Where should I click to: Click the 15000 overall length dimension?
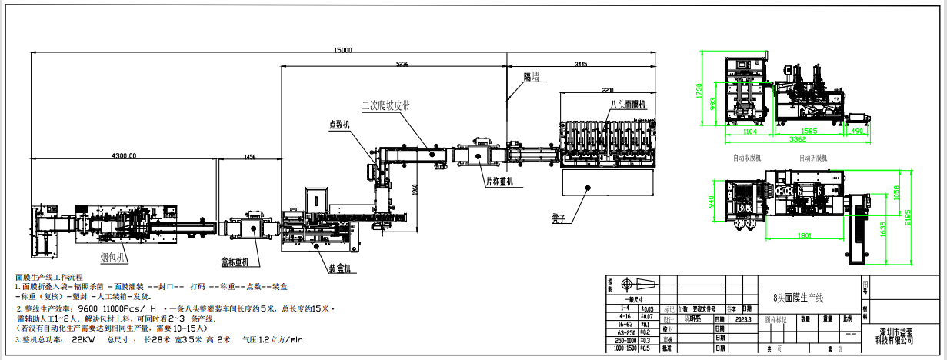(x=343, y=50)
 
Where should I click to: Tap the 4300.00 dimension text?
(x=123, y=155)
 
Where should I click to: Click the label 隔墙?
(x=531, y=77)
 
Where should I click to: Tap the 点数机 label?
(x=339, y=124)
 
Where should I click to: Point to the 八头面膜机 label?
(x=629, y=104)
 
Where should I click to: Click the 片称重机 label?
(x=499, y=182)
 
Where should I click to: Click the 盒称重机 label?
(x=235, y=262)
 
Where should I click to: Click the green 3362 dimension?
(x=795, y=140)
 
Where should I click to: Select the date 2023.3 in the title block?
(x=742, y=318)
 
